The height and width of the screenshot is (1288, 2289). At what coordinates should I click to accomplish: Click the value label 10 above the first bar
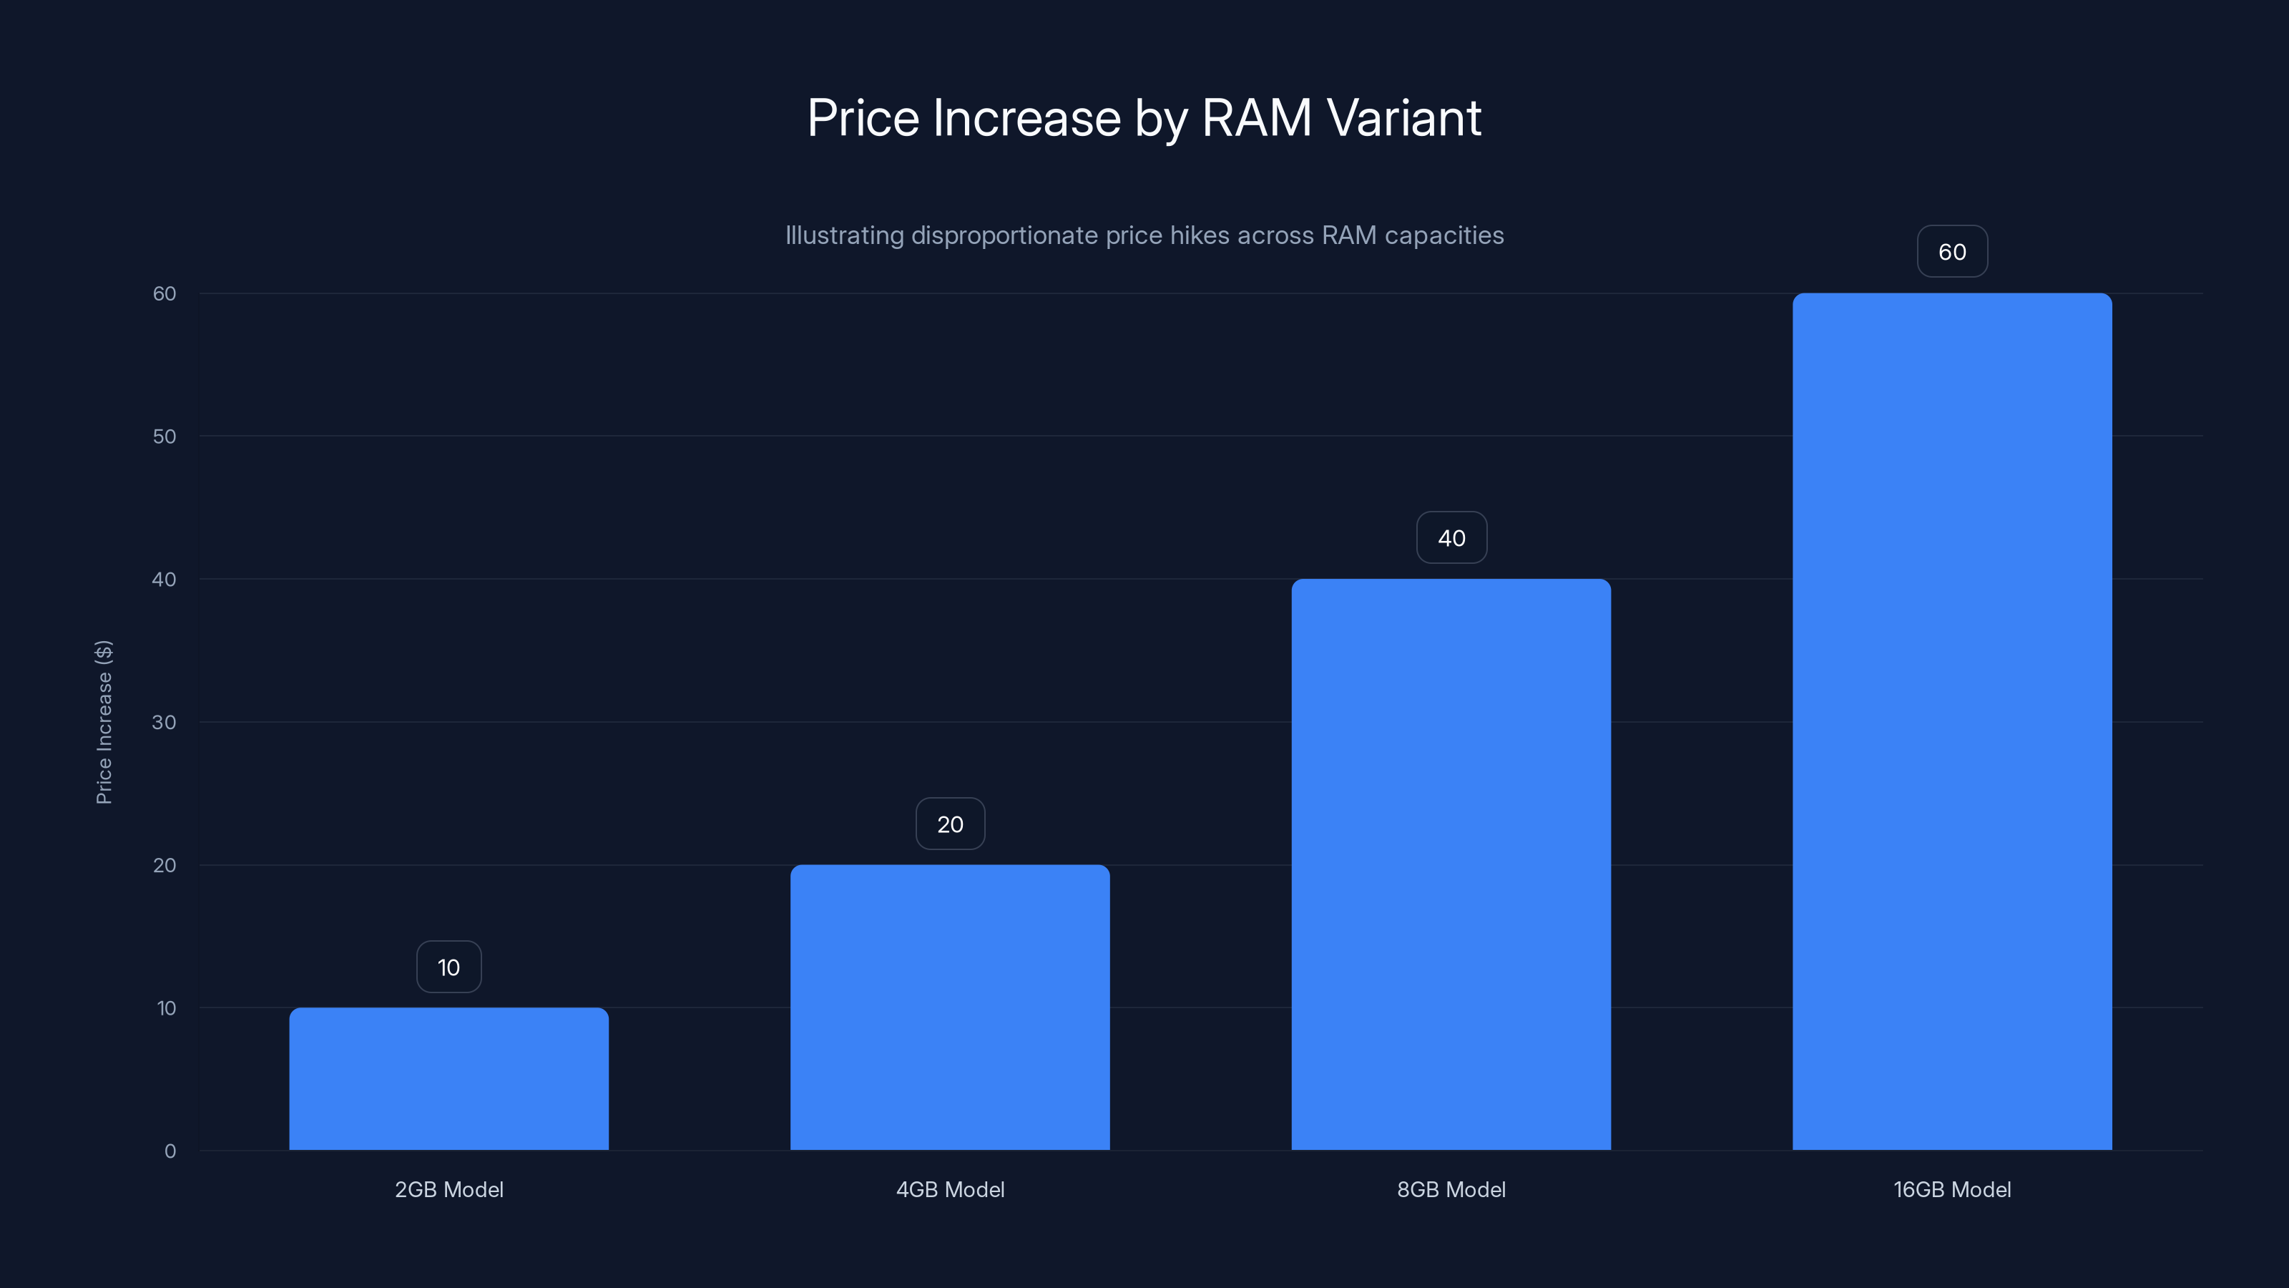pyautogui.click(x=449, y=967)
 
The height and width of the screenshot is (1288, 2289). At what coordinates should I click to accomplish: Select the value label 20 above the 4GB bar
pyautogui.click(x=950, y=824)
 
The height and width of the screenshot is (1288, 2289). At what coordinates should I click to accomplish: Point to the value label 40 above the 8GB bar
pyautogui.click(x=1451, y=538)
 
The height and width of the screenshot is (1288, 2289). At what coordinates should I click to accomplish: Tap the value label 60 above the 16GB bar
pyautogui.click(x=1952, y=252)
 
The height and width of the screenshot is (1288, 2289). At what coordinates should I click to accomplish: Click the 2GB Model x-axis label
pyautogui.click(x=449, y=1189)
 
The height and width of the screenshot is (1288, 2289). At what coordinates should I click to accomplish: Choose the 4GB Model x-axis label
pyautogui.click(x=950, y=1189)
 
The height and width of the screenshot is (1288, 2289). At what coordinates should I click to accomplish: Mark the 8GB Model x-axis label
pyautogui.click(x=1451, y=1189)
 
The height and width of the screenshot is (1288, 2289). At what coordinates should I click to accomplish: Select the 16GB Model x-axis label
pyautogui.click(x=1952, y=1189)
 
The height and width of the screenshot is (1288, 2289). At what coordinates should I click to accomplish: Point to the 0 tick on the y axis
pyautogui.click(x=170, y=1151)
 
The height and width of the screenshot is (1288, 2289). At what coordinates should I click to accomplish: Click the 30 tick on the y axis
pyautogui.click(x=165, y=722)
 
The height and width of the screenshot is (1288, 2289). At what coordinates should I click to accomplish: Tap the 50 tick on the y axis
pyautogui.click(x=165, y=436)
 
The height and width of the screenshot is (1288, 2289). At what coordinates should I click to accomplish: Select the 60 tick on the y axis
pyautogui.click(x=165, y=293)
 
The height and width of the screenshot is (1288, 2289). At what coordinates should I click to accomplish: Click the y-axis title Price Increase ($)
pyautogui.click(x=104, y=722)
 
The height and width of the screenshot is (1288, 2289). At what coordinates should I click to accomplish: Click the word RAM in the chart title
pyautogui.click(x=1255, y=118)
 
